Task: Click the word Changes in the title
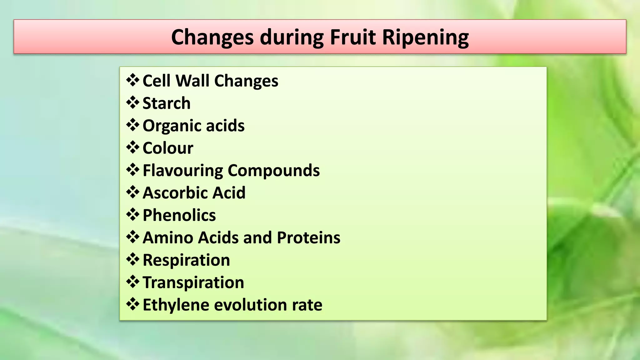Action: [x=212, y=37]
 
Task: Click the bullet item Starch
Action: [x=166, y=103]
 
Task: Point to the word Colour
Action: [x=168, y=148]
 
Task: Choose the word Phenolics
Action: [x=179, y=215]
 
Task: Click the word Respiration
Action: [x=186, y=260]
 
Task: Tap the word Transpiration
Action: [x=193, y=282]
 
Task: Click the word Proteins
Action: [x=308, y=237]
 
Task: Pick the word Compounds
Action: [x=273, y=171]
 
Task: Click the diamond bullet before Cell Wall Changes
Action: [x=133, y=80]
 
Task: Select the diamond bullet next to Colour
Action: [x=133, y=147]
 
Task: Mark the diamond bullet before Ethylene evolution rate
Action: [x=133, y=304]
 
